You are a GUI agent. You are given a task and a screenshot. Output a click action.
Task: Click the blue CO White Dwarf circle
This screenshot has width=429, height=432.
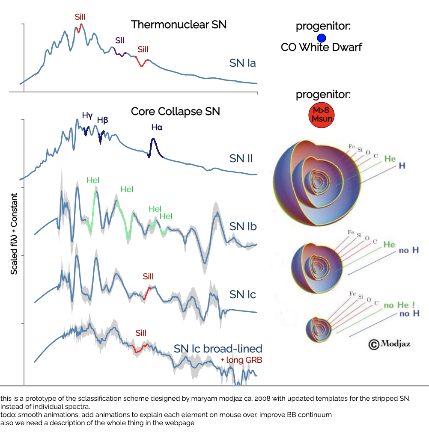tap(322, 38)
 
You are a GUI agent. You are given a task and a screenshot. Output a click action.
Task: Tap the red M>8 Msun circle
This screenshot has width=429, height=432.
tap(321, 115)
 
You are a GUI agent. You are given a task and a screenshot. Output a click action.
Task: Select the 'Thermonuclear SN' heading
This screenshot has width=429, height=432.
tap(179, 24)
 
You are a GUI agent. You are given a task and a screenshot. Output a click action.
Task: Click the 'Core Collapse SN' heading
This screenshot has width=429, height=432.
tap(175, 112)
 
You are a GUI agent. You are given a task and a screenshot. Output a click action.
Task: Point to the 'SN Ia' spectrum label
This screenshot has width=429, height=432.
tap(242, 63)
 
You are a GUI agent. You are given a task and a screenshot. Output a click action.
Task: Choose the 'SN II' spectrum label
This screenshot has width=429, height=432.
tap(241, 159)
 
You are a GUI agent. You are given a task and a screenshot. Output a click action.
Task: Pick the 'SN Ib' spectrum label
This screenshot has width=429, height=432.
tap(243, 226)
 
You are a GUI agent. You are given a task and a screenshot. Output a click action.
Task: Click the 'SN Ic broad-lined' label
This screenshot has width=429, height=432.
tap(218, 349)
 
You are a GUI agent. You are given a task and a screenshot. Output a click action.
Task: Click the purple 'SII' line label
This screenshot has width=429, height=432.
tap(120, 40)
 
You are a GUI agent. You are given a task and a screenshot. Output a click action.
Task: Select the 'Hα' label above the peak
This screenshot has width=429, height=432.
tap(157, 127)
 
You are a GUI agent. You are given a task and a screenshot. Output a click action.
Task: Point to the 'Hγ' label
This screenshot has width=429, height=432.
tap(87, 115)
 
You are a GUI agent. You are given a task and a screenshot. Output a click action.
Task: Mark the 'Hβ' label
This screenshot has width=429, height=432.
tap(102, 120)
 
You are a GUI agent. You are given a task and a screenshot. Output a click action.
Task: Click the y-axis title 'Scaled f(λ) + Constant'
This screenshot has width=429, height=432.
tap(14, 234)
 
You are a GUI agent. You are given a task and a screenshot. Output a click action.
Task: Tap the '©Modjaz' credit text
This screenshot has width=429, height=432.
tap(390, 343)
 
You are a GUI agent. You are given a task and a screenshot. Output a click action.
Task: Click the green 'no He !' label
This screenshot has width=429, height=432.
tap(399, 305)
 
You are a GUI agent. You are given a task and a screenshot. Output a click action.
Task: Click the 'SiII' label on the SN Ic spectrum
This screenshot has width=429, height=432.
tap(148, 277)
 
